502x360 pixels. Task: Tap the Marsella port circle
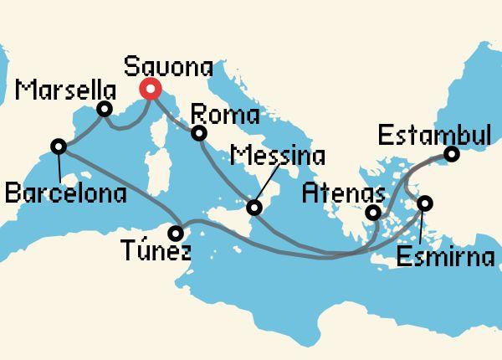coord(105,109)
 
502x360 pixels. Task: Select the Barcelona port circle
coord(59,147)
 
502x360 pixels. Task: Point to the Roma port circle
coord(199,133)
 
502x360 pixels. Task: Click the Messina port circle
coord(257,204)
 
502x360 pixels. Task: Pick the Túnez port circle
coord(177,233)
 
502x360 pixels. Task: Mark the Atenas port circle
coord(372,213)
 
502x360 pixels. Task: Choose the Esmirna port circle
coord(425,203)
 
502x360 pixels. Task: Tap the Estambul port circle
coord(451,154)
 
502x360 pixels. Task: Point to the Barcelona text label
coord(65,195)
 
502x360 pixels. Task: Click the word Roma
coord(225,114)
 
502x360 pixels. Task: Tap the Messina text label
coord(278,156)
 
